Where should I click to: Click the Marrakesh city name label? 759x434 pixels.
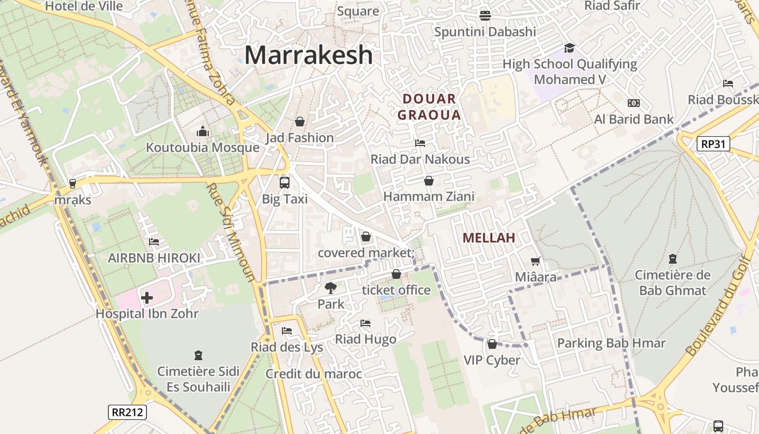(308, 55)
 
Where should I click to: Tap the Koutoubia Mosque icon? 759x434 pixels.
(203, 131)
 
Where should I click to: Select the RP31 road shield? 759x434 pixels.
(713, 144)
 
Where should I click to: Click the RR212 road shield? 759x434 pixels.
(127, 412)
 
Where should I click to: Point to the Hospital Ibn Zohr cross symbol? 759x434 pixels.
(147, 298)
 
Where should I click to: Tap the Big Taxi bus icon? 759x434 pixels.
(285, 182)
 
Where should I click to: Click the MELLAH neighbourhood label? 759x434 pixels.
(488, 238)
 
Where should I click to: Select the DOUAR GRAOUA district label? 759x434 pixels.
(429, 107)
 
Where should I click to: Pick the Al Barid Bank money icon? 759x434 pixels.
(633, 103)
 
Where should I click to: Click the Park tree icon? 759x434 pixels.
(330, 288)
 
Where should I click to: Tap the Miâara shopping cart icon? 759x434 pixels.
(536, 261)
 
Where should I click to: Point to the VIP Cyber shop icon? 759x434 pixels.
(492, 344)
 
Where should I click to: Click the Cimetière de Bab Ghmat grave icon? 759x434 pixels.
(673, 259)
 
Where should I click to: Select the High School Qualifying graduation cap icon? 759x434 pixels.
(569, 48)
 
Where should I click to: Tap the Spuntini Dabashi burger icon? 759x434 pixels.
(485, 15)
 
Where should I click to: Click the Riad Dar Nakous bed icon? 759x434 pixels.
(420, 143)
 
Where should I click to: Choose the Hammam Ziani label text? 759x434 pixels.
(429, 196)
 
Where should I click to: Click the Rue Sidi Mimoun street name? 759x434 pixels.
(231, 232)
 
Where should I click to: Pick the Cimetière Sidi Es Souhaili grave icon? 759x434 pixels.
(198, 355)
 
